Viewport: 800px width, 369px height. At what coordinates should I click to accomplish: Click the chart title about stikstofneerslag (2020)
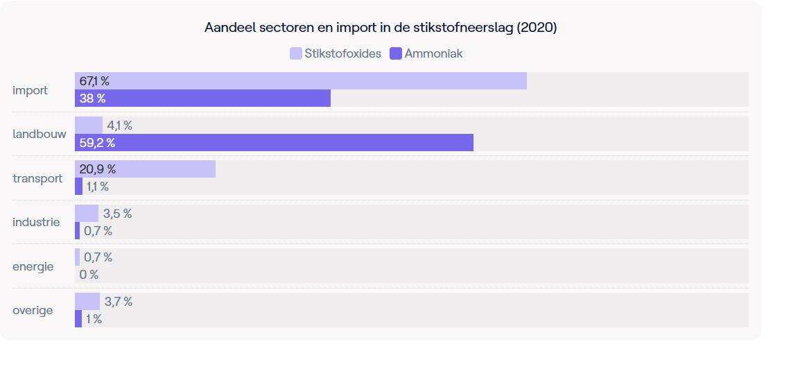pos(381,28)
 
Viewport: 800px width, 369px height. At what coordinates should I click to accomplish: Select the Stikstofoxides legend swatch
pos(296,53)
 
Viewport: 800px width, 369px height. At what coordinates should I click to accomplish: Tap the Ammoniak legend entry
pos(426,53)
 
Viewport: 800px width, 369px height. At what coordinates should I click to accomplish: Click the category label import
pos(30,90)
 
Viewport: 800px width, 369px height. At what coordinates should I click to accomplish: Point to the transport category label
pos(37,178)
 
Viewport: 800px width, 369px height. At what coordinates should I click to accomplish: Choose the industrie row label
pos(36,223)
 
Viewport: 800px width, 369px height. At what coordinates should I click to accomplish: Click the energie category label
pos(33,266)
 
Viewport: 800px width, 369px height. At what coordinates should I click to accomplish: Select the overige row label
pos(33,310)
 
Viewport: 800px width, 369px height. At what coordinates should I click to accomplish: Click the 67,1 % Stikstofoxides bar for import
pos(301,81)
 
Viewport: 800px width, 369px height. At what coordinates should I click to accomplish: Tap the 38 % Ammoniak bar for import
pos(202,98)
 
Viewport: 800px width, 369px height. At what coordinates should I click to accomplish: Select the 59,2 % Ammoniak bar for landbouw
pos(274,143)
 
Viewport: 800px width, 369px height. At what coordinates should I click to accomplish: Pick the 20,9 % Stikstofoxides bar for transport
pos(145,169)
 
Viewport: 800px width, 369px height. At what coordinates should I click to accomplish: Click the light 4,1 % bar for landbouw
pos(89,126)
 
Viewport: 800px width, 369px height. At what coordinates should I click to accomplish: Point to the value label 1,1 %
pos(98,187)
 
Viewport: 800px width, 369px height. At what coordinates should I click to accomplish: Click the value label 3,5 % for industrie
pos(117,214)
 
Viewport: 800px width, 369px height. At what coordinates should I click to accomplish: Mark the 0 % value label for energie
pos(89,275)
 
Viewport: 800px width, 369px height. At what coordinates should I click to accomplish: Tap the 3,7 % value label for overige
pos(119,302)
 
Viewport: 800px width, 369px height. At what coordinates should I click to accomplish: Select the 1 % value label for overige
pos(94,319)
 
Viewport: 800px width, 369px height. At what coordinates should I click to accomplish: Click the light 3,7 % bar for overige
pos(87,302)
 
